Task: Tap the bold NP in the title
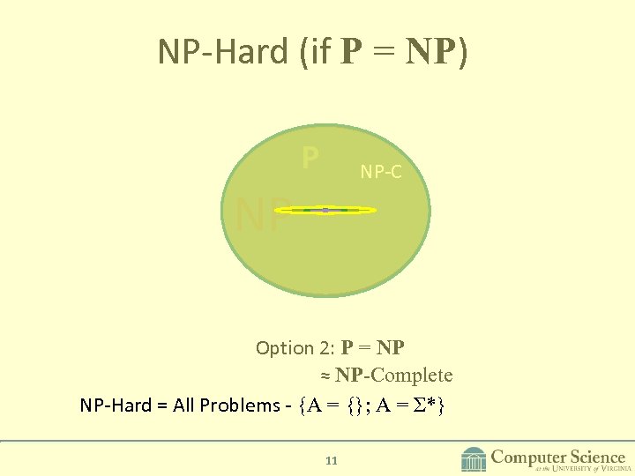pos(431,52)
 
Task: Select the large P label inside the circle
pos(310,159)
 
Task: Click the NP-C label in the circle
pos(381,173)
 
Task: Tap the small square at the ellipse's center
pos(325,210)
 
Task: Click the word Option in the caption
pos(284,348)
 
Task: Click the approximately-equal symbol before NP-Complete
pos(325,376)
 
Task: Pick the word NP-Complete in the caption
pos(394,376)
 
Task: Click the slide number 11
pos(332,460)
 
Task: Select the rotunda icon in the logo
pos(474,459)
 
